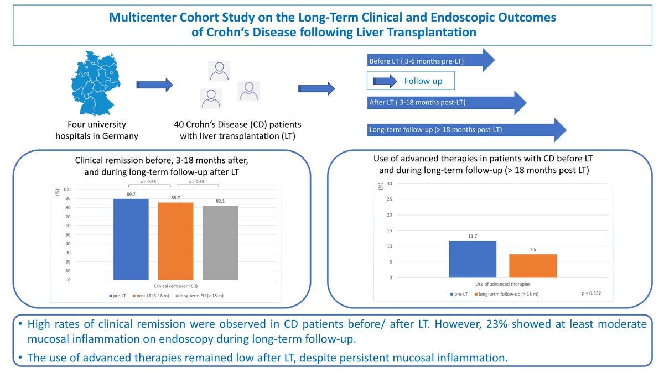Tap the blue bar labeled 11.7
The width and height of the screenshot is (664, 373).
(473, 259)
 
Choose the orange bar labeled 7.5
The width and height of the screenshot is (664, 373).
(533, 266)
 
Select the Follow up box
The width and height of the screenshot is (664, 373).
(412, 81)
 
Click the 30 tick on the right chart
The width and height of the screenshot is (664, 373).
(390, 183)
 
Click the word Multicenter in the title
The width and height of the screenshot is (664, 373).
(143, 18)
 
